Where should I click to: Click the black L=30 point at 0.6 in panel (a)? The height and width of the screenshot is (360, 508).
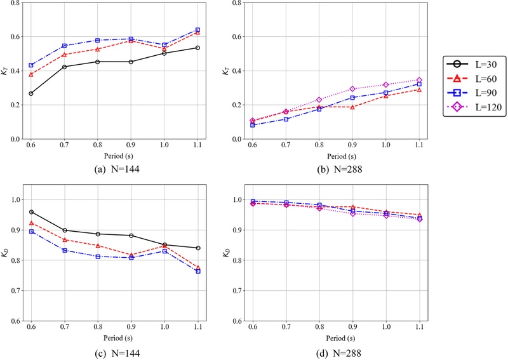[31, 93]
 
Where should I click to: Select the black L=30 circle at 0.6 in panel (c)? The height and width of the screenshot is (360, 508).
[31, 212]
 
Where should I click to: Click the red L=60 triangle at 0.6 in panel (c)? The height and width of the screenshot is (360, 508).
[31, 223]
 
